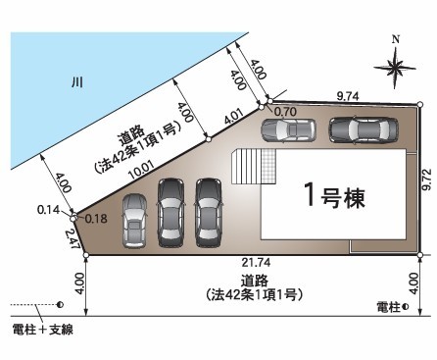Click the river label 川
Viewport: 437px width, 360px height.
[x=77, y=82]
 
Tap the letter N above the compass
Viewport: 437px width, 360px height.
[x=396, y=40]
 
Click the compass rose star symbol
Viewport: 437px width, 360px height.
[x=395, y=69]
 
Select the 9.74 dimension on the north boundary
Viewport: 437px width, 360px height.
[x=348, y=96]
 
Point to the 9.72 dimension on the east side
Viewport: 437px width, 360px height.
[x=427, y=180]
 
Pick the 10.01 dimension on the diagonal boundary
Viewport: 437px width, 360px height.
[x=141, y=171]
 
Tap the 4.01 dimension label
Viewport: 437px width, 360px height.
[x=234, y=117]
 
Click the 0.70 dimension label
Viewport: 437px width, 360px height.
[x=285, y=112]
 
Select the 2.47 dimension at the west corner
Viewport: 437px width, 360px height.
[x=73, y=238]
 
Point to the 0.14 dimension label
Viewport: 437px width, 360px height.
[x=48, y=210]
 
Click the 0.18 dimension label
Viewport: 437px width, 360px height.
[x=96, y=219]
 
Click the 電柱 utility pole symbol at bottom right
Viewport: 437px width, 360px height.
[x=406, y=307]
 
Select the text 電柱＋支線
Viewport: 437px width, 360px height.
[x=42, y=330]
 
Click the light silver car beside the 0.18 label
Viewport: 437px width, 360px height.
[x=134, y=221]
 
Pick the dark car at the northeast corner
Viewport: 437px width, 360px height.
[x=364, y=129]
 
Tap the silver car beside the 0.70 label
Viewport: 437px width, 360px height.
[x=288, y=130]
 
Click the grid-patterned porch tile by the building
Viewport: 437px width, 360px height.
[x=268, y=166]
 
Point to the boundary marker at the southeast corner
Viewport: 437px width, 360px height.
[x=420, y=255]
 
